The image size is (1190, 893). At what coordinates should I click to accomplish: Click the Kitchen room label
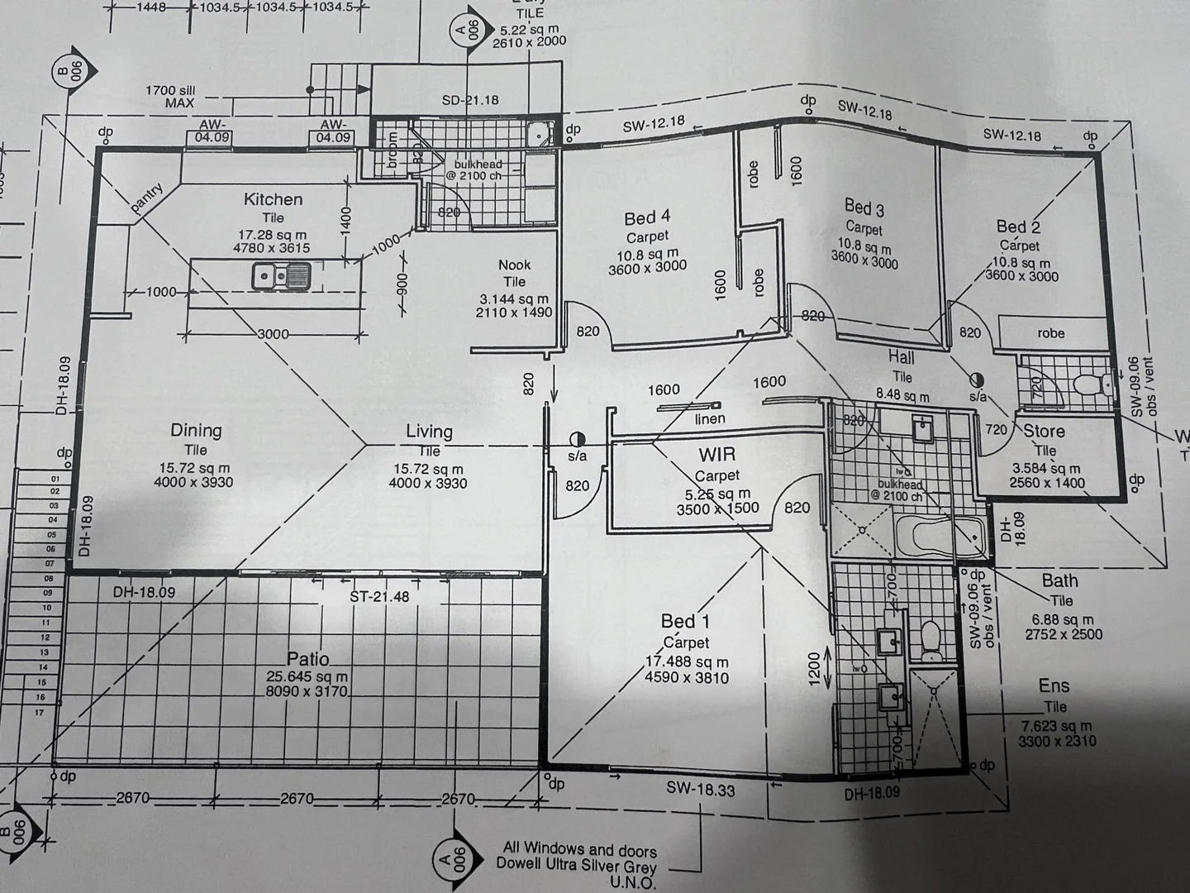[x=273, y=199]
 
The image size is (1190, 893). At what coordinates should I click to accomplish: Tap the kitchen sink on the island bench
[x=281, y=274]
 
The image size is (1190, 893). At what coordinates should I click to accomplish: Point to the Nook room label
[x=514, y=265]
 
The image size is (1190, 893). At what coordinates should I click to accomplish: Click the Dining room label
[x=196, y=430]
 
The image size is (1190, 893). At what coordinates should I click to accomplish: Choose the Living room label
[x=429, y=431]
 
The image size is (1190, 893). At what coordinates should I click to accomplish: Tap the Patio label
[x=308, y=659]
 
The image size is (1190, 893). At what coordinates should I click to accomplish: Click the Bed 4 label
[x=647, y=217]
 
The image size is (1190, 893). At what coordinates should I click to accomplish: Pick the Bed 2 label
[x=1018, y=227]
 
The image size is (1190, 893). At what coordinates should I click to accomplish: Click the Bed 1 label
[x=685, y=621]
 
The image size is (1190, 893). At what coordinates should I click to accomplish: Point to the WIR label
[x=716, y=455]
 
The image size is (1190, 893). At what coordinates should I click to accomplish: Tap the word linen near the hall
[x=710, y=418]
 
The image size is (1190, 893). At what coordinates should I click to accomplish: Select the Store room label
[x=1044, y=431]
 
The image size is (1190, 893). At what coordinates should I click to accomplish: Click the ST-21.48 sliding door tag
[x=379, y=595]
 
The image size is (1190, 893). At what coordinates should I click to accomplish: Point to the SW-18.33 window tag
[x=701, y=790]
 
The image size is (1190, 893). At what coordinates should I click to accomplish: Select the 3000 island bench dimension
[x=273, y=334]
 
